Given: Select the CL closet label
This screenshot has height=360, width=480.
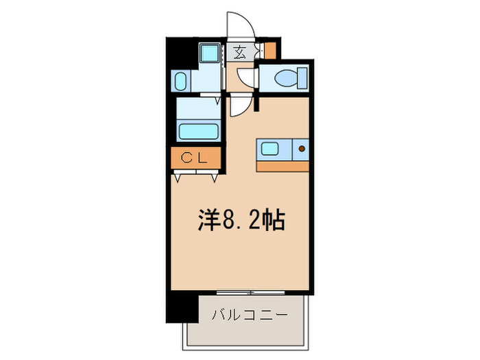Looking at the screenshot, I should coord(195,158).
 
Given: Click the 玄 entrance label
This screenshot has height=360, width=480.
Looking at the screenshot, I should coord(241,52).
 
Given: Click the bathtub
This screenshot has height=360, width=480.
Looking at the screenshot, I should coord(198,130).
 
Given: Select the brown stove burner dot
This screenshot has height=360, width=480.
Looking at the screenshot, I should coord(301,147).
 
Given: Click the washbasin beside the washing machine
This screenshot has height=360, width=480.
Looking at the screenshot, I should coord(180,81).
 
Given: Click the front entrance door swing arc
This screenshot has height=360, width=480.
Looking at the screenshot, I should coord(240,24).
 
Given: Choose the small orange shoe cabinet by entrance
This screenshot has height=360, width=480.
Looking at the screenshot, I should coord(269,51).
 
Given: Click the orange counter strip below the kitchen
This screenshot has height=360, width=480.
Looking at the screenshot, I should coord(282,165).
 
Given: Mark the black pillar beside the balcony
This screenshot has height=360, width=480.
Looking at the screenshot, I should coord(182,305).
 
